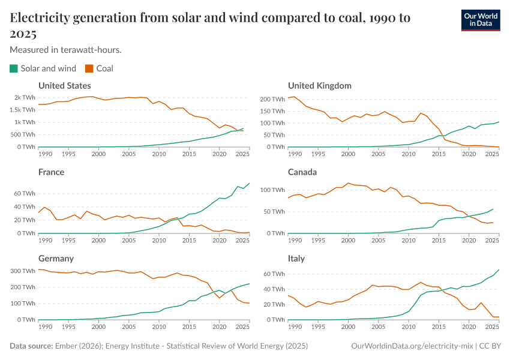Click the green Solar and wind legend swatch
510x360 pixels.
pos(14,68)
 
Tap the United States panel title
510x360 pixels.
pos(65,86)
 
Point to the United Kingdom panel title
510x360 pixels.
pos(320,86)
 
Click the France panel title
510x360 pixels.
pos(51,172)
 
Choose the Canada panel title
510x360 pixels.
pos(302,172)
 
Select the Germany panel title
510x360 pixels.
pos(56,259)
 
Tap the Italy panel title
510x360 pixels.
pos(296,259)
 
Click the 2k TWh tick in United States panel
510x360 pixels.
pos(25,97)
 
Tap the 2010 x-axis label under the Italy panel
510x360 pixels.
pos(408,327)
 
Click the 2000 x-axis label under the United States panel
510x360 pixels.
pos(98,154)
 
